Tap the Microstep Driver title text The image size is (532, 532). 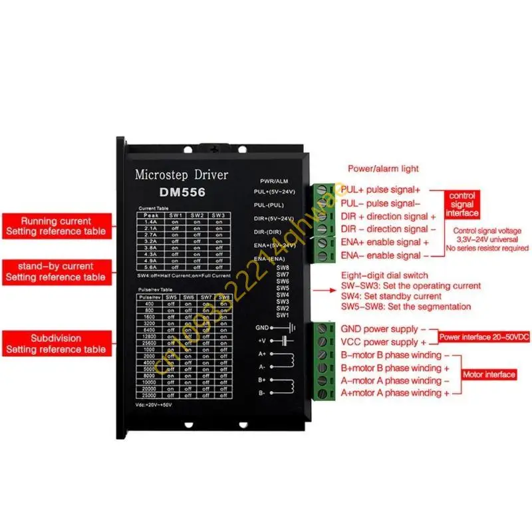point(181,176)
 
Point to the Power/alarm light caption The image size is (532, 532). point(383,169)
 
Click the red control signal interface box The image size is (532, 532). point(462,205)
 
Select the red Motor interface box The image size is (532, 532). point(489,374)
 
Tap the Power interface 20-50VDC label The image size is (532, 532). point(483,338)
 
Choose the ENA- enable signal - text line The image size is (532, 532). point(381,255)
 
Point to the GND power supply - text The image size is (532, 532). point(379,329)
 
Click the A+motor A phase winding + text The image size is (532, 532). point(395,393)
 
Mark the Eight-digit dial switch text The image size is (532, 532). point(384,275)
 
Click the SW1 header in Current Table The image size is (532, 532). point(176,215)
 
